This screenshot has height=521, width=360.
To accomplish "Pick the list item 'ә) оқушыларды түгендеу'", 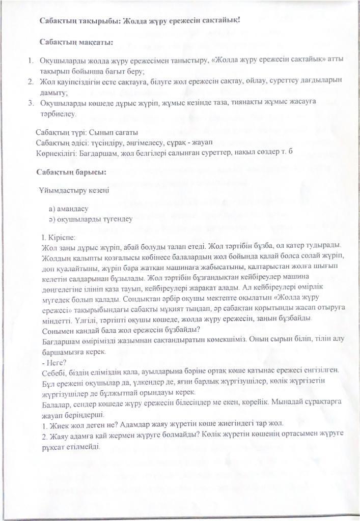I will click(x=91, y=219).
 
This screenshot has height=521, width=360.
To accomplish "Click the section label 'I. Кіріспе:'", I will click(x=59, y=237).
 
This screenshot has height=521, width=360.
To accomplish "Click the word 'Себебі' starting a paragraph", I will click(x=52, y=372).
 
